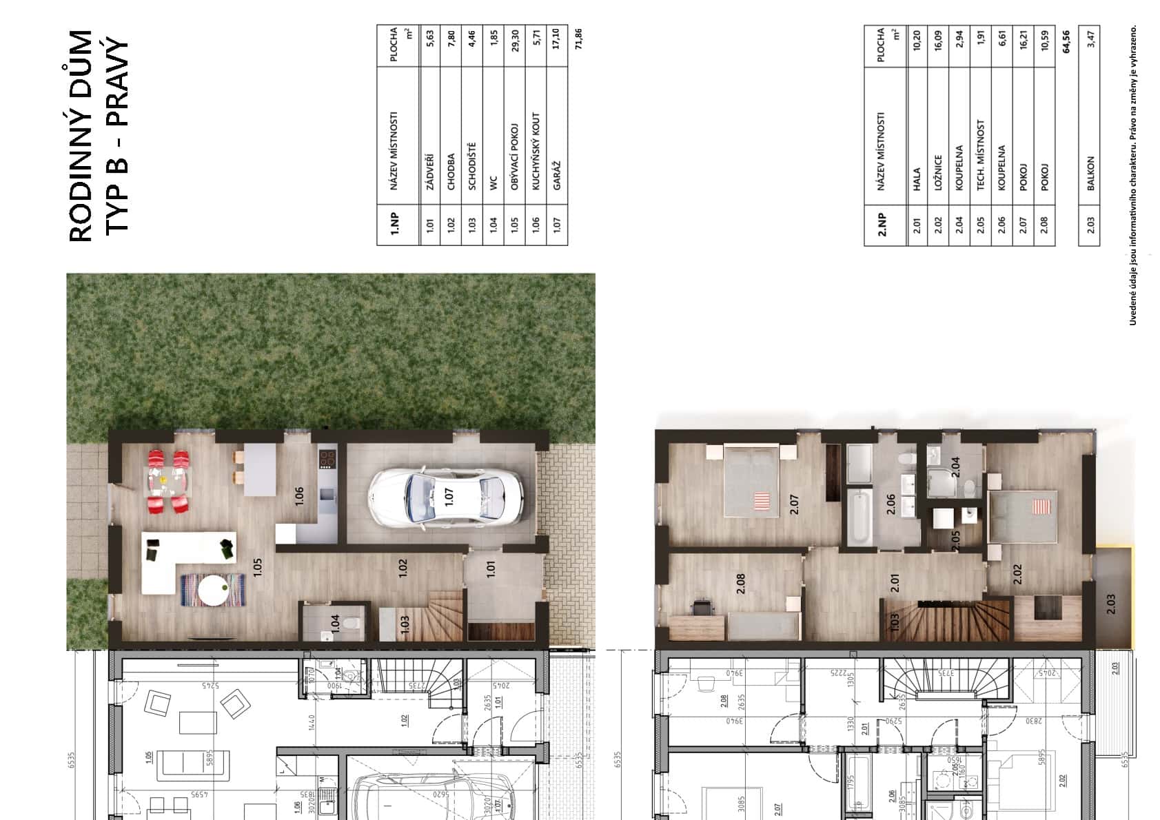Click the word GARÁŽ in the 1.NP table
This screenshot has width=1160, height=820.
pos(556,175)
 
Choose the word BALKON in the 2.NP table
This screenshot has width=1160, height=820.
pos(1090,173)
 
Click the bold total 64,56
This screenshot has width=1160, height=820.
pos(1066,41)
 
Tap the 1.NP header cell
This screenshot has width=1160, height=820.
pos(396,225)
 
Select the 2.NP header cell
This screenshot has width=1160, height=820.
pos(883,225)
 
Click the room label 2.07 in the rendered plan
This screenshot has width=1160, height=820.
pos(794,505)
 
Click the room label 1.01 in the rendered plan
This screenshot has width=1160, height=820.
pos(490,569)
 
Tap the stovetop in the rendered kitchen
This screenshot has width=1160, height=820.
pos(327,458)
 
